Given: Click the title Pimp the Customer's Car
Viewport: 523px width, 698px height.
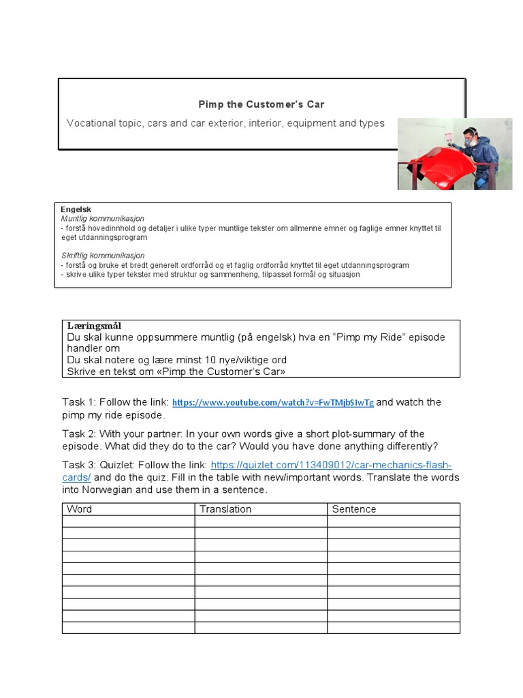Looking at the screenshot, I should pyautogui.click(x=261, y=104).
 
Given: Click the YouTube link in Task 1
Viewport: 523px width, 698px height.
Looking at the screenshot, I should pyautogui.click(x=273, y=403).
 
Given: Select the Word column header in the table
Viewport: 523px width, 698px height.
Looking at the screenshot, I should pyautogui.click(x=79, y=509).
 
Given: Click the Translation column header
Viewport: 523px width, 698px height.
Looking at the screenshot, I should pyautogui.click(x=225, y=509).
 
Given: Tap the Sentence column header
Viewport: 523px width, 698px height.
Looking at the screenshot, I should pyautogui.click(x=354, y=509).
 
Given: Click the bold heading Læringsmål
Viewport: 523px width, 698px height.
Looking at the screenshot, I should pyautogui.click(x=94, y=327).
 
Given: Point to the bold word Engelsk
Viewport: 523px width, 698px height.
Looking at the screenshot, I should pyautogui.click(x=76, y=209).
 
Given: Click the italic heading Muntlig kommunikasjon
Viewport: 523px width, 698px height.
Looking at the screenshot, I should pyautogui.click(x=103, y=219).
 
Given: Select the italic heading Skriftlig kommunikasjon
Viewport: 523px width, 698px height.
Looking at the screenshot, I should pyautogui.click(x=103, y=256).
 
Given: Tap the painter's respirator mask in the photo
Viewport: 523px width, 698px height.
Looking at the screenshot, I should pyautogui.click(x=471, y=142).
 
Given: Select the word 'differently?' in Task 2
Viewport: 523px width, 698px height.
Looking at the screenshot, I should pyautogui.click(x=408, y=446).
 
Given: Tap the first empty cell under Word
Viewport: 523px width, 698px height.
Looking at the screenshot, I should pyautogui.click(x=128, y=521).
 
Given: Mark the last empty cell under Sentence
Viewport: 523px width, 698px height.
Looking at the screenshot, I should pyautogui.click(x=393, y=627).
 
